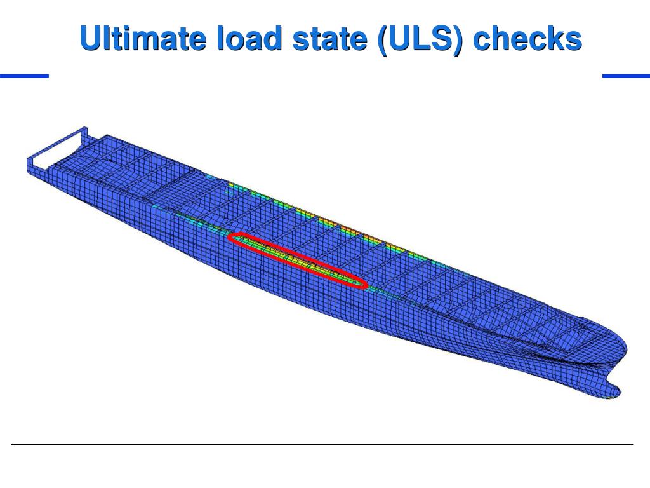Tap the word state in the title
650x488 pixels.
(329, 39)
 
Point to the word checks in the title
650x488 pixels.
(527, 39)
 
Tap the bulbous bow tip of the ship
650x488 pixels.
(614, 391)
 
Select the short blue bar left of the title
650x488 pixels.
(25, 76)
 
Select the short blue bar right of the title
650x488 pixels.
(626, 76)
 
